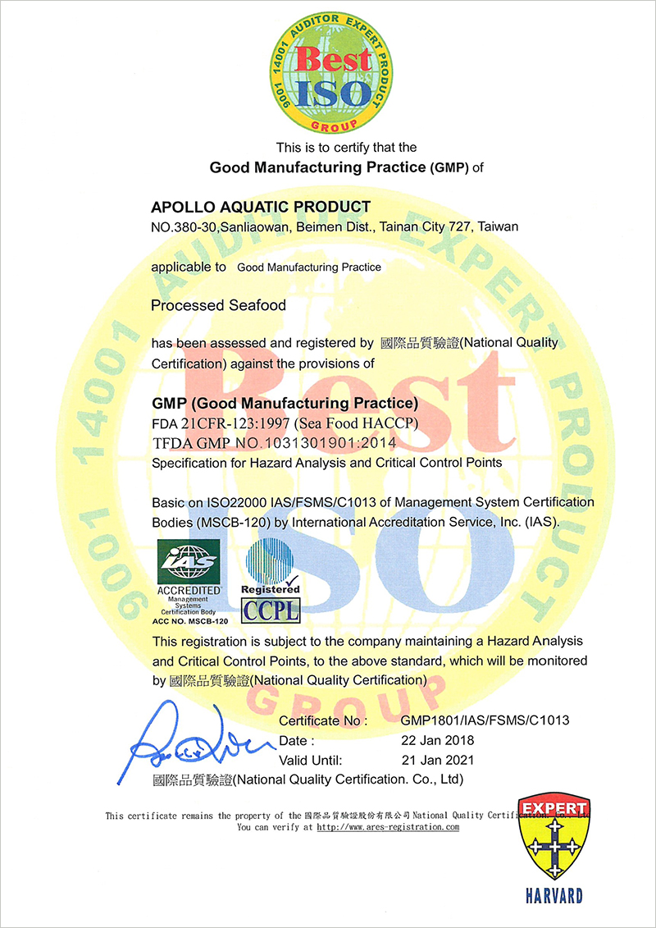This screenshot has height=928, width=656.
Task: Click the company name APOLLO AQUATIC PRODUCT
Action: coord(262,207)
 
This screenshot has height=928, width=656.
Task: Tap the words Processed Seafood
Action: coord(219,305)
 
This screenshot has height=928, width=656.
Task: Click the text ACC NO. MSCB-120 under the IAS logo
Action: coord(189,621)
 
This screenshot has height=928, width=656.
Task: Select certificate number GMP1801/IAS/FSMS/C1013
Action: coord(485,720)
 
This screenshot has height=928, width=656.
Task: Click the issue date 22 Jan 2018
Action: coord(438,740)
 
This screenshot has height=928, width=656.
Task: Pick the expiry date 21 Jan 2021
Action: coord(438,760)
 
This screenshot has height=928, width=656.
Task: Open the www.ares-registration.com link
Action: coord(388,827)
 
